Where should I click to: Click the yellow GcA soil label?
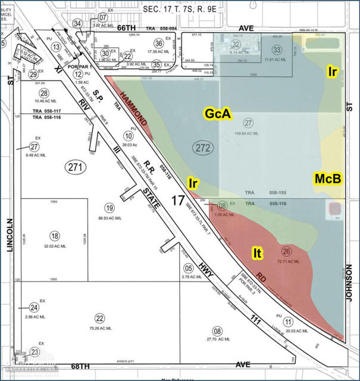click(x=218, y=113)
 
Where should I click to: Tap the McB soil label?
click(x=328, y=178)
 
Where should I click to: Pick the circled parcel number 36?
click(x=158, y=43)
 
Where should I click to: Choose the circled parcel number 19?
click(x=109, y=208)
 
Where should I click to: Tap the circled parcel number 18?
click(x=55, y=236)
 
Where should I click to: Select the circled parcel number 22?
click(x=99, y=318)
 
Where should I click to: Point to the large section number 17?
click(x=177, y=200)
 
